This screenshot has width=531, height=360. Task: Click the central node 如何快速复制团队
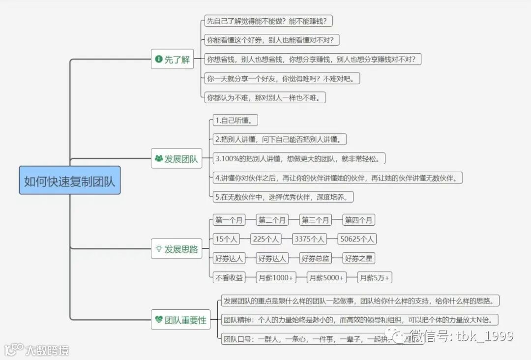coord(70,180)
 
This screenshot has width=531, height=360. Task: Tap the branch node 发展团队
coord(176,159)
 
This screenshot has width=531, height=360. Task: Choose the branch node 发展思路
coord(176,249)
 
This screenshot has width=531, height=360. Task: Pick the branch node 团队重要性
coord(180,320)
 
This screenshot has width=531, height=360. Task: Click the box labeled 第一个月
coord(229,220)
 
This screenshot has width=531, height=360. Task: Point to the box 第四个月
coord(358,220)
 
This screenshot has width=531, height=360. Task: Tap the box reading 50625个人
coord(357,239)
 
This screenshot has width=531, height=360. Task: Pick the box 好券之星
coord(358,258)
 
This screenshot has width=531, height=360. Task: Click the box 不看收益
coord(229,278)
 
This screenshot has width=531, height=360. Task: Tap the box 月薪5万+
coord(374,278)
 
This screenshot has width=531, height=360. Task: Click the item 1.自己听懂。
coord(236,120)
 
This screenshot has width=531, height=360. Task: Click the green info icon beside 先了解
coord(158,60)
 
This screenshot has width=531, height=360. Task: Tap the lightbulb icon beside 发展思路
coord(159,249)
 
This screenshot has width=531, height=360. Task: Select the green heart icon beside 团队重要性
coord(158,320)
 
